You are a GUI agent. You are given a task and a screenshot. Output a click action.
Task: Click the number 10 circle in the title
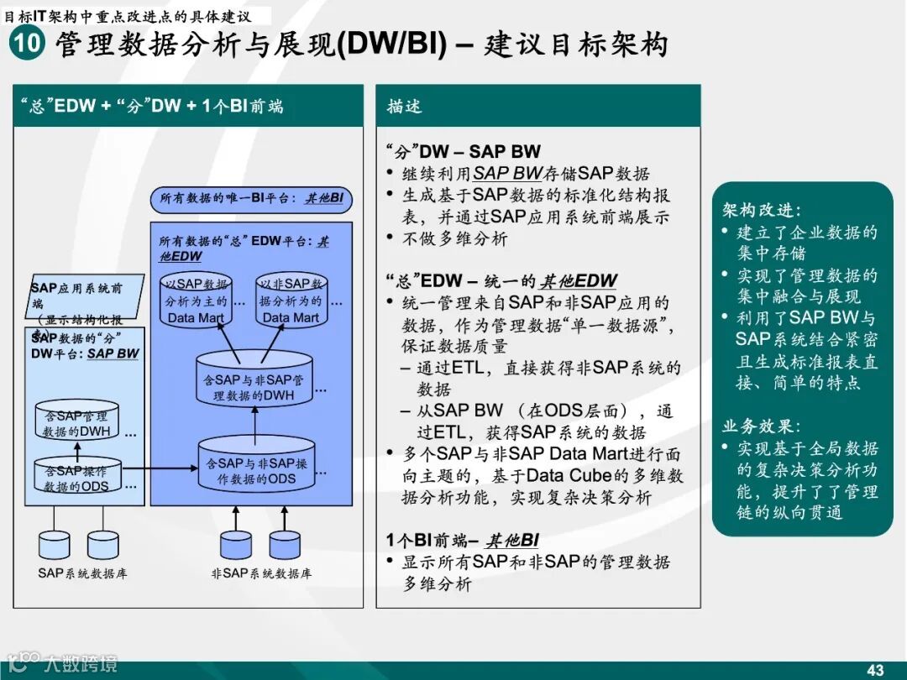[27, 44]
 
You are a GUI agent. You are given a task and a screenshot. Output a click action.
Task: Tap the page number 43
[875, 669]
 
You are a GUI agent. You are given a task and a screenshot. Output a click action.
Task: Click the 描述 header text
[404, 107]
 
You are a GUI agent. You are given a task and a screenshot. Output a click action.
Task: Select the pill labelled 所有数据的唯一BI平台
[252, 199]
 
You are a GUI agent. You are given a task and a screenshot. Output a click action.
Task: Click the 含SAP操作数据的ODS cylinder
[77, 477]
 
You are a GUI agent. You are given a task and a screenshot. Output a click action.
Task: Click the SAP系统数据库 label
[82, 574]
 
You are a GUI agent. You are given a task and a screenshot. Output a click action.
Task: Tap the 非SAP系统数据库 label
[261, 574]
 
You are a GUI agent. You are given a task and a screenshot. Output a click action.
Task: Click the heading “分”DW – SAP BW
[463, 152]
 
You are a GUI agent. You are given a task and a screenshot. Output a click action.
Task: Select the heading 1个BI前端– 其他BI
[463, 540]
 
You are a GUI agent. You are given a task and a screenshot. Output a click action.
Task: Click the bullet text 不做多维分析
[454, 239]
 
